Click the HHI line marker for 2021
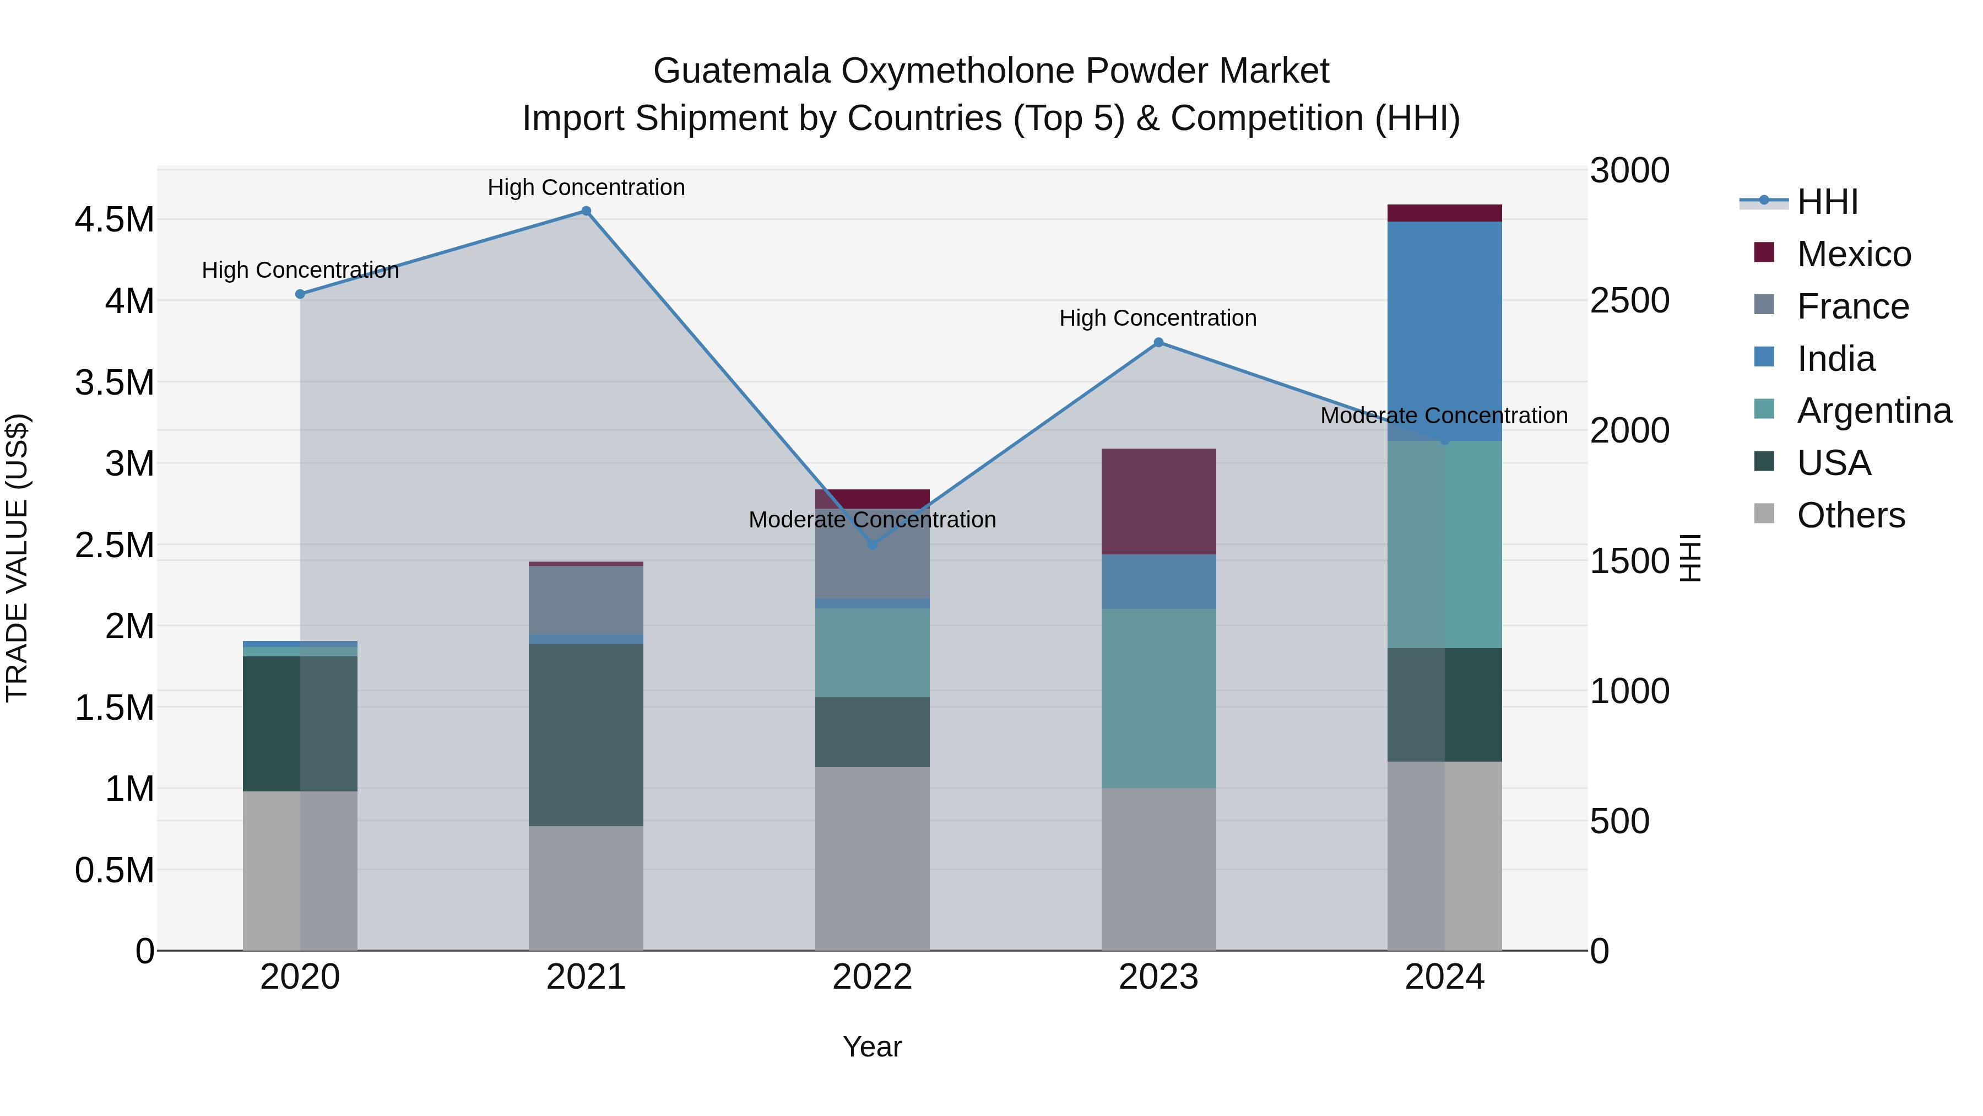tap(586, 211)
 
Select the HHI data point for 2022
tap(872, 544)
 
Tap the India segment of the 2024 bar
tap(1444, 331)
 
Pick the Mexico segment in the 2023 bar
tap(1158, 502)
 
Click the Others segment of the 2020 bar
tap(300, 870)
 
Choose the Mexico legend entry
tap(1853, 254)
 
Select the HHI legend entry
tap(1826, 202)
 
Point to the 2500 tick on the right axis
tap(1630, 300)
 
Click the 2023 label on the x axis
tap(1158, 977)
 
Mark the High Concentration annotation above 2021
tap(586, 187)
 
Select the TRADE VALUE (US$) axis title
tap(17, 558)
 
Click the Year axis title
tap(872, 1047)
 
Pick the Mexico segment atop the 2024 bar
tap(1444, 213)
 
